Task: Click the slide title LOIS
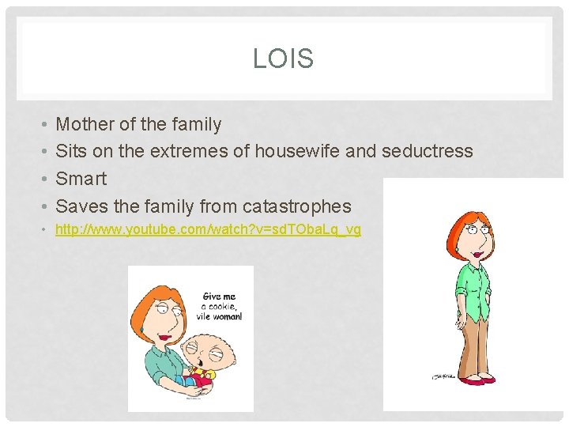[x=283, y=59]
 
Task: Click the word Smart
[x=81, y=179]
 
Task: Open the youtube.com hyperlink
[x=208, y=230]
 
